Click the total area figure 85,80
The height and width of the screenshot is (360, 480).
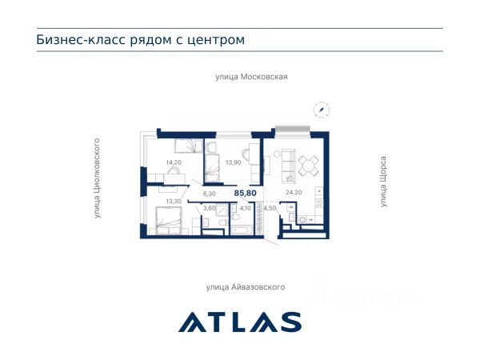[x=246, y=193]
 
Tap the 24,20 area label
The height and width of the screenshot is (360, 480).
[x=294, y=192]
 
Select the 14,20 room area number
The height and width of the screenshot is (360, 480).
[x=174, y=162]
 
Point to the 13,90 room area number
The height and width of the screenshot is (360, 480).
[x=234, y=162]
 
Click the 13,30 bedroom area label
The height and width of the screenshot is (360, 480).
[x=174, y=201]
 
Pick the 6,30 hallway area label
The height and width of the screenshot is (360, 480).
[x=210, y=194]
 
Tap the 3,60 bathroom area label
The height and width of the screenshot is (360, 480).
[x=210, y=208]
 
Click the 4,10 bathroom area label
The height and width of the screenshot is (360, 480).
[x=246, y=208]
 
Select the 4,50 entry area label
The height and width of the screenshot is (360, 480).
[x=270, y=208]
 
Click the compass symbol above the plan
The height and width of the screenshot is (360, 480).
[x=322, y=110]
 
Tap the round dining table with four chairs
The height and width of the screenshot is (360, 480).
[x=309, y=166]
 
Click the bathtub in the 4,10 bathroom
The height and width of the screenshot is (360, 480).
[x=242, y=230]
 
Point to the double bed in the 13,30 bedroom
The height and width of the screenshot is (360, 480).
[x=169, y=221]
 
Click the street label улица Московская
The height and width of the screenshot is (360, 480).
[x=251, y=77]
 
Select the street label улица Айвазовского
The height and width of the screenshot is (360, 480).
[x=246, y=287]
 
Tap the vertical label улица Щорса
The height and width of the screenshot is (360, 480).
[x=383, y=182]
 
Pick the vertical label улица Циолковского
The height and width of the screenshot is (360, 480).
[x=97, y=178]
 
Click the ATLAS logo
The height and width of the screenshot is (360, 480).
[x=240, y=322]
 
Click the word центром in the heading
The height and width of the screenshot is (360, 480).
[x=216, y=40]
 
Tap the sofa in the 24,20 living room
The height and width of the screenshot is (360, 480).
[x=288, y=166]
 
